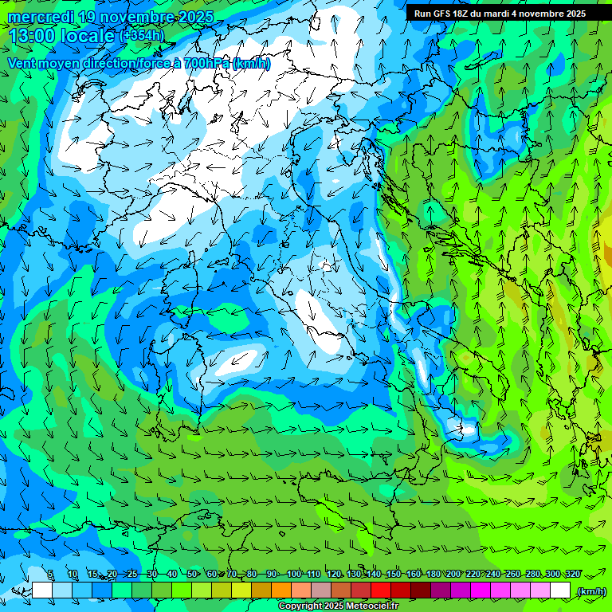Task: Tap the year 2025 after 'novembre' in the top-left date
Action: (x=195, y=17)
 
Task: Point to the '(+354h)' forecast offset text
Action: (x=143, y=35)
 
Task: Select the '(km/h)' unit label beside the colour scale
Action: (x=590, y=590)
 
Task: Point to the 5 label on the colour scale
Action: (x=51, y=575)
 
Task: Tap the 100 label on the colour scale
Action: (x=293, y=575)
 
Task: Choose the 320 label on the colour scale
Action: (x=572, y=575)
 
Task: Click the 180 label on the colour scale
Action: (x=433, y=575)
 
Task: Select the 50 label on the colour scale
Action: (x=192, y=575)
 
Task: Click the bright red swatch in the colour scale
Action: (x=381, y=590)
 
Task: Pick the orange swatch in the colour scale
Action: (x=281, y=590)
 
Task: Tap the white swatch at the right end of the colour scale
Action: (x=560, y=590)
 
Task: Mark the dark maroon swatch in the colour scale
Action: (x=421, y=590)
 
